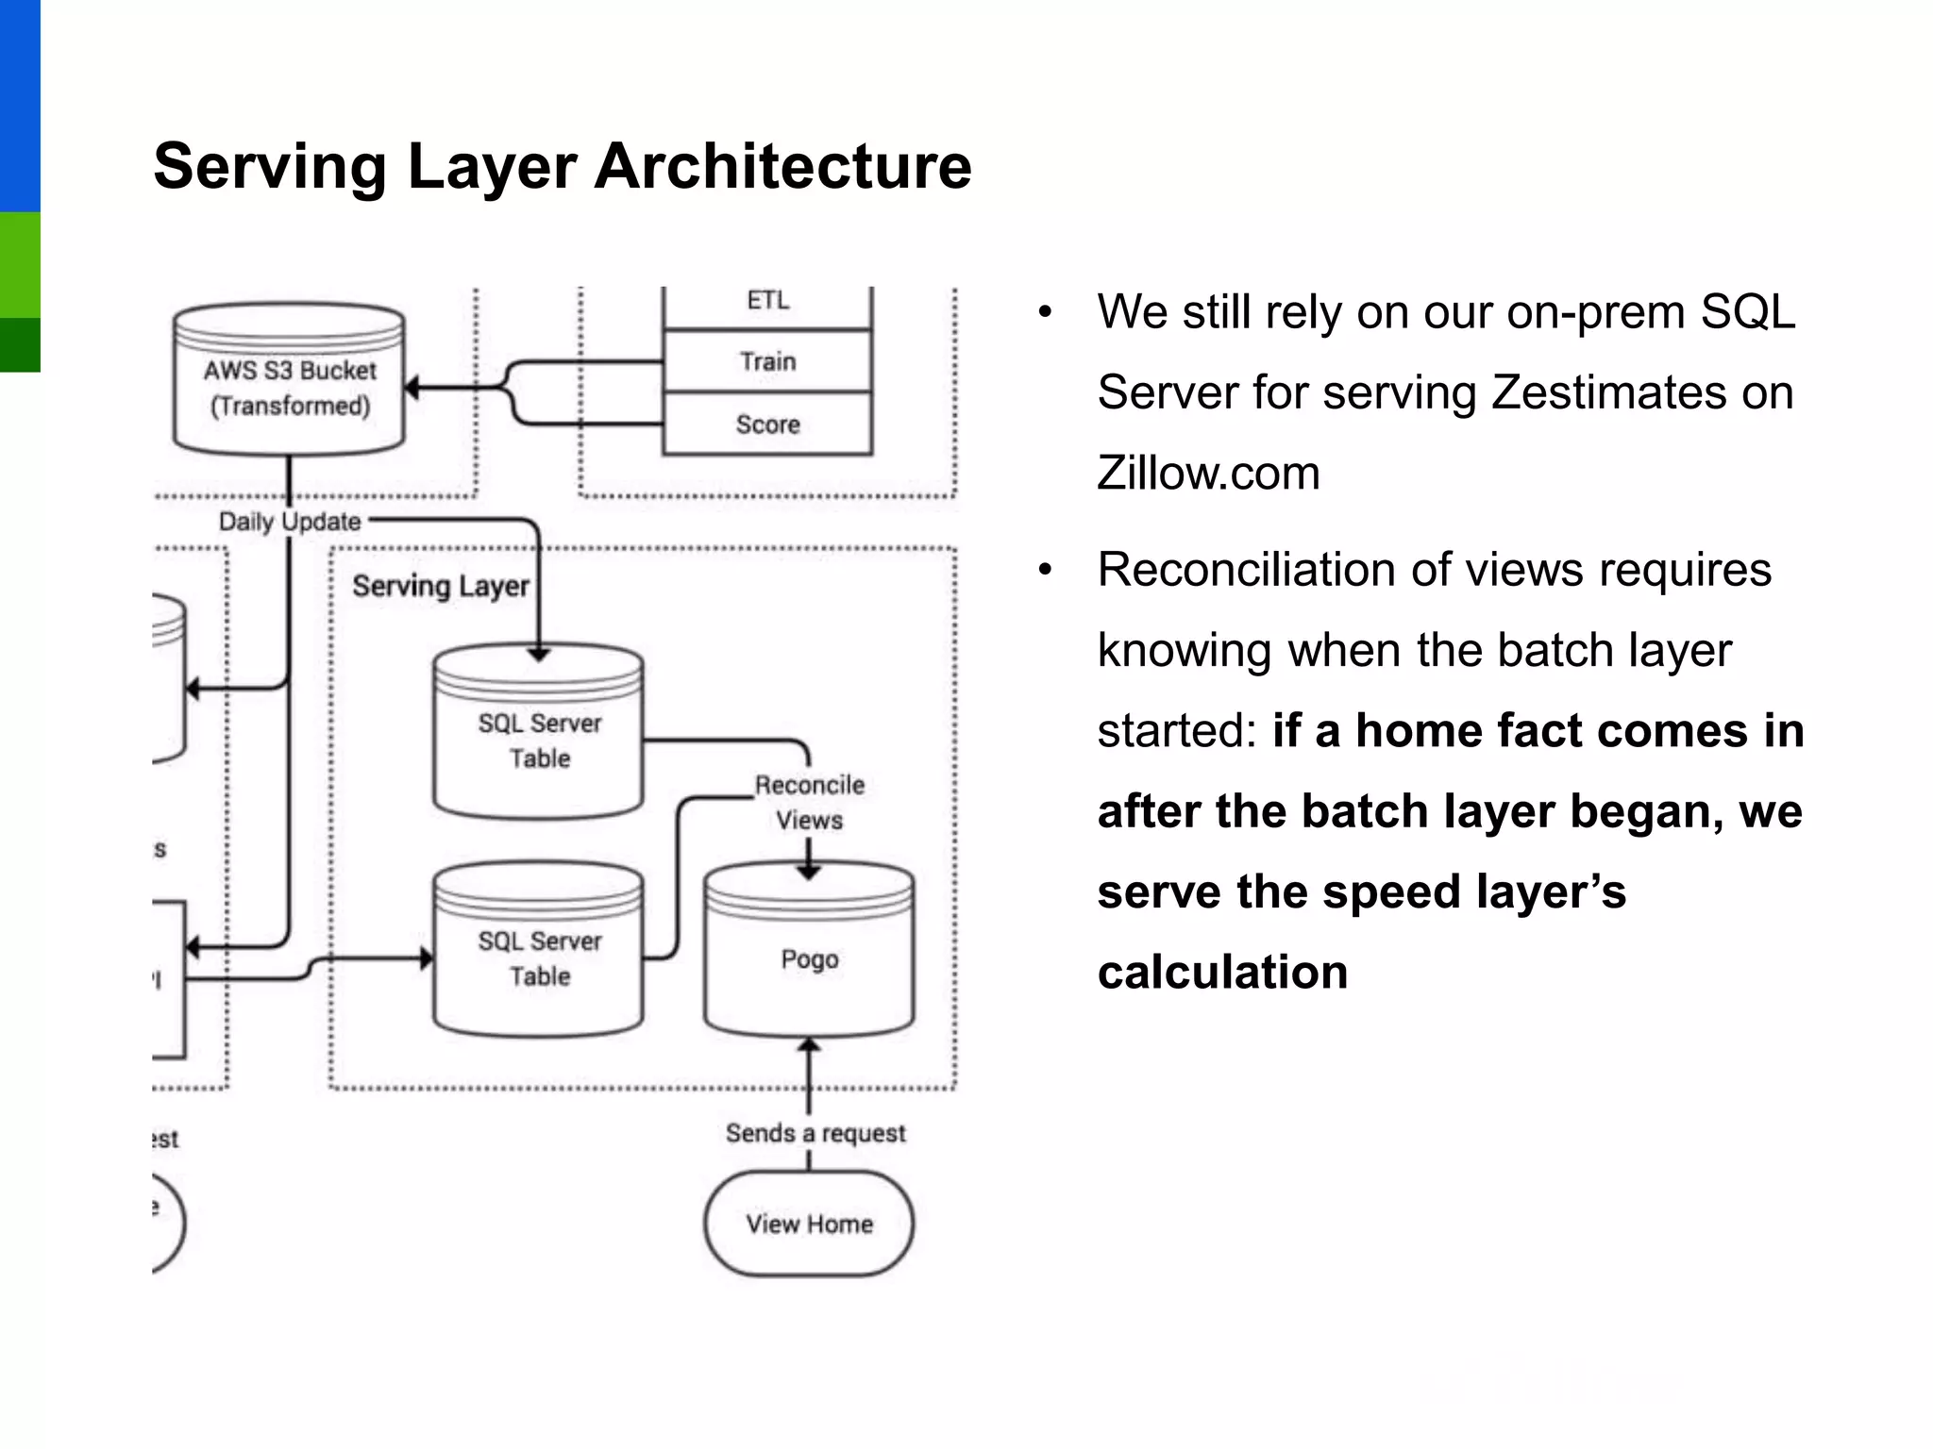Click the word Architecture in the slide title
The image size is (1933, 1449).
click(782, 167)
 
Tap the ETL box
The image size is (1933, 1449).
click(767, 302)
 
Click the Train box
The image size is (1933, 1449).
click(767, 361)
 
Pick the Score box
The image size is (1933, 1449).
click(767, 425)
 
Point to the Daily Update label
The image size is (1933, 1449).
click(290, 522)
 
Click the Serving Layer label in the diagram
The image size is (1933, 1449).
click(440, 586)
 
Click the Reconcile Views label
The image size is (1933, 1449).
click(809, 802)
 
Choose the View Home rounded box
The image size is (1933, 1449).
click(809, 1224)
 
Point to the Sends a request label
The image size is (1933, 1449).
click(815, 1133)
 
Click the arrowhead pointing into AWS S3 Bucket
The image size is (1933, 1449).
click(412, 387)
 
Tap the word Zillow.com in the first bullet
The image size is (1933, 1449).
click(1208, 473)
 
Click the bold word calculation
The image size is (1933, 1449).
click(1222, 972)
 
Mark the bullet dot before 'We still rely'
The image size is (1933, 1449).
click(1045, 312)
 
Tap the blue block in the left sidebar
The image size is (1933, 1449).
click(20, 104)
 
